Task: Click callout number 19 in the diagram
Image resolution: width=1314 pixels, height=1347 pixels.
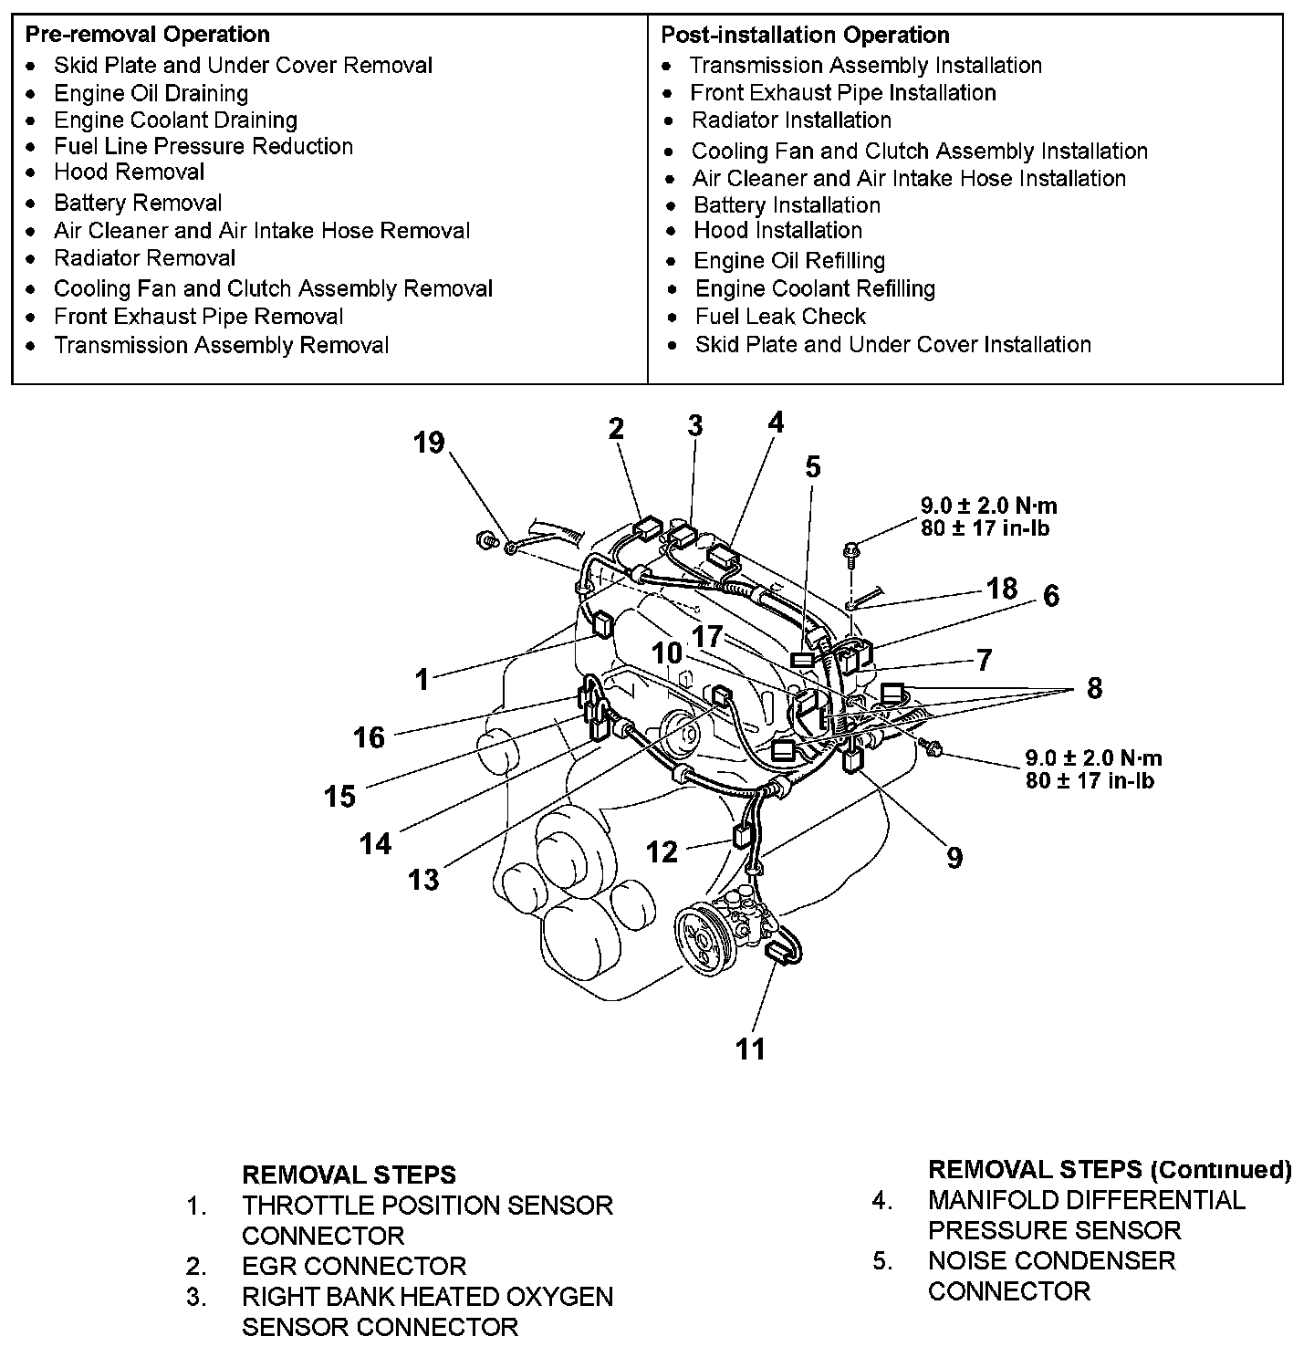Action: pos(428,443)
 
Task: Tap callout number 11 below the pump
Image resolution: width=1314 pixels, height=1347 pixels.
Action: pos(750,1049)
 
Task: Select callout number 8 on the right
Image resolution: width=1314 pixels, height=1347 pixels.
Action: pos(1094,688)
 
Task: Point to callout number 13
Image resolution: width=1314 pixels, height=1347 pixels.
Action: pos(423,880)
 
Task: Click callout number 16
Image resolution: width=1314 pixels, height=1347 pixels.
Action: pos(369,737)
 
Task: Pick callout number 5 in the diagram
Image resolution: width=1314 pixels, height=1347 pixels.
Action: pos(812,467)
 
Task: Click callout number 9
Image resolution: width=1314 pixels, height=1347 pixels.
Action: pos(954,858)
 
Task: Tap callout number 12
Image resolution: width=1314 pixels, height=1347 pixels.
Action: pos(662,851)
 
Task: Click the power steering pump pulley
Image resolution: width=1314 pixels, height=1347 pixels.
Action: pos(704,939)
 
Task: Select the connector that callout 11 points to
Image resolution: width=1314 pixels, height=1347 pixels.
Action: pos(779,953)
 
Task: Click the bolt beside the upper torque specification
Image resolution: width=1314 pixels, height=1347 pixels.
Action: pos(850,549)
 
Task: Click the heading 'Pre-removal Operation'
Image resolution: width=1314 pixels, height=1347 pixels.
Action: pos(147,35)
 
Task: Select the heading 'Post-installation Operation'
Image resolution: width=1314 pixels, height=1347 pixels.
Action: pos(805,35)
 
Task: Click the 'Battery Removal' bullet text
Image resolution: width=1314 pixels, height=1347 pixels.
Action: pos(138,203)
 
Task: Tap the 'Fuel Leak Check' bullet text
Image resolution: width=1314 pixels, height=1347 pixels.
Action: pos(780,317)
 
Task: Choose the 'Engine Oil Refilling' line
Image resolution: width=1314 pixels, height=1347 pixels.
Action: pos(789,261)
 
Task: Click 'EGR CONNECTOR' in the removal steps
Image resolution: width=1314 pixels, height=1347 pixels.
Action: pos(354,1266)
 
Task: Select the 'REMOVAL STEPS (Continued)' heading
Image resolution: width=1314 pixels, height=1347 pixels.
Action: pos(1110,1169)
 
